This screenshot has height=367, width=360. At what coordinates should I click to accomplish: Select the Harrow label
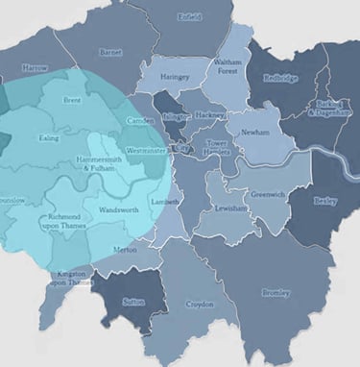[x=35, y=69]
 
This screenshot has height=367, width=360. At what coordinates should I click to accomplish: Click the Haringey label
[x=176, y=76]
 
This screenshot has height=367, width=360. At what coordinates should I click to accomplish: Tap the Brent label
[x=71, y=100]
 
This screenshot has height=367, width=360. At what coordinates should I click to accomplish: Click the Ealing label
[x=48, y=139]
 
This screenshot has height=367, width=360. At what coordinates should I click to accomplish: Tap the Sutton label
[x=133, y=301]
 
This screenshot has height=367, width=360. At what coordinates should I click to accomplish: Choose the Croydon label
[x=199, y=305]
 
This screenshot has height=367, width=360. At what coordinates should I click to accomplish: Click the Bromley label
[x=276, y=293]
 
